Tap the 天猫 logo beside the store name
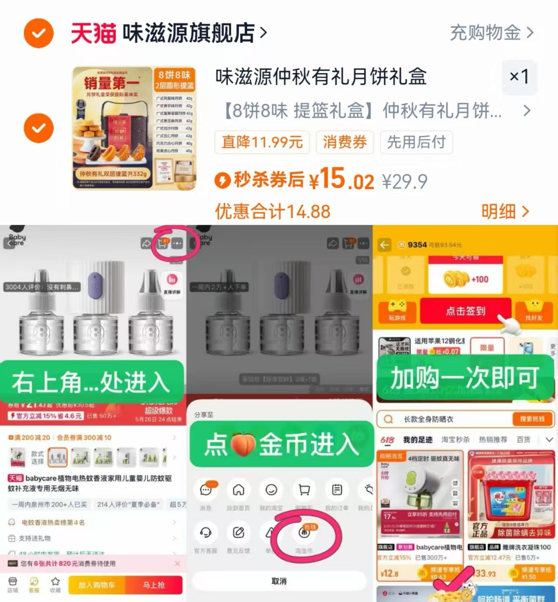[93, 33]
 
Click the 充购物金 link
[491, 33]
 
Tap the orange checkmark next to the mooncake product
[39, 128]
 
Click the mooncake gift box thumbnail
[134, 128]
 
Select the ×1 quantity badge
[519, 77]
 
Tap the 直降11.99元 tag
[262, 142]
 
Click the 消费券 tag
[345, 142]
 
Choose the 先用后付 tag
[416, 142]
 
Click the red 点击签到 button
[465, 311]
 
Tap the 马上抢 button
[154, 585]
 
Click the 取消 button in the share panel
[279, 581]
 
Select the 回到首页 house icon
[238, 490]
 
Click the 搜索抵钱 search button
[532, 419]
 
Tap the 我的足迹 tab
[418, 440]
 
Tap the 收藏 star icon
[55, 582]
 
